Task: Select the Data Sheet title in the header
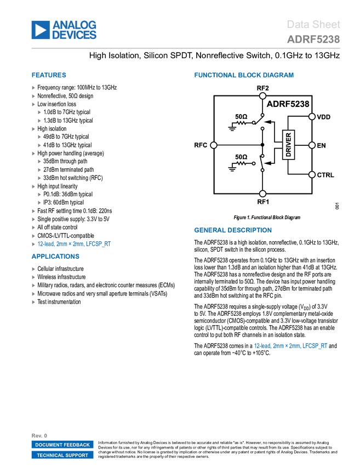click(314, 25)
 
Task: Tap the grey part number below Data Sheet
click(313, 39)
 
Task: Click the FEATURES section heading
click(49, 76)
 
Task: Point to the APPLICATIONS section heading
click(55, 257)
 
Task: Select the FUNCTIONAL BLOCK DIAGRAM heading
click(244, 76)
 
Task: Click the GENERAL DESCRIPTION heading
click(232, 231)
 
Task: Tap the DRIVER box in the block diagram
click(289, 145)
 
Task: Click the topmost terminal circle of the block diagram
click(262, 96)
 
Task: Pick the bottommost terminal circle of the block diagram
click(262, 194)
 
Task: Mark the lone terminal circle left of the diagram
click(214, 145)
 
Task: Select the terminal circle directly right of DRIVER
click(312, 145)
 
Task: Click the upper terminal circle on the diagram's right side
click(312, 117)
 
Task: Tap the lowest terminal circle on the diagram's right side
click(312, 175)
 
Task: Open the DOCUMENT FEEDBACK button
click(62, 445)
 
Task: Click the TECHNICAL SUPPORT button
click(62, 455)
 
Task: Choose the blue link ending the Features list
click(75, 244)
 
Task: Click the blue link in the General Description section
click(290, 346)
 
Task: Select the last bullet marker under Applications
click(33, 302)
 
